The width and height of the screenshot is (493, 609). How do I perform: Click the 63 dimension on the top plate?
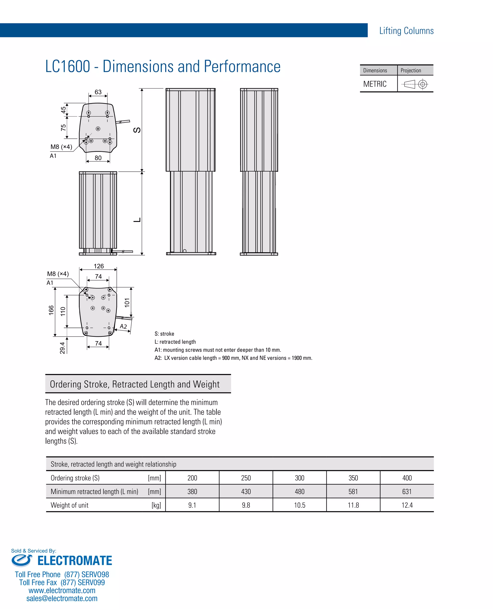98,92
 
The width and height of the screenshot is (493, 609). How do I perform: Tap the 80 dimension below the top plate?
98,158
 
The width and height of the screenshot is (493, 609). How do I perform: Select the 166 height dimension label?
51,310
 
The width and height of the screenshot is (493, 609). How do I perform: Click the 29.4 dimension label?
62,348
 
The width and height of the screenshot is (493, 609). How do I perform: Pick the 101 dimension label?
127,303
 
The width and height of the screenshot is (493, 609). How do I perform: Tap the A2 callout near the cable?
123,326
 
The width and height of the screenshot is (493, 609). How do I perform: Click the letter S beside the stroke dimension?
137,130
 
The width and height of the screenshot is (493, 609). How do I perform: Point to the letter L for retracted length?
137,220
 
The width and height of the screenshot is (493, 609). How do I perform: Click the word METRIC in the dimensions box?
375,84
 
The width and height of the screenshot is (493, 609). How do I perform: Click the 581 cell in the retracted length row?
353,492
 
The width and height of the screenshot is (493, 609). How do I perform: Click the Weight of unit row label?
70,505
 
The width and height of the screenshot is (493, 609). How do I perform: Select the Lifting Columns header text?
406,31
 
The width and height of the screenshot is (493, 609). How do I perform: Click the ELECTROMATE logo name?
75,560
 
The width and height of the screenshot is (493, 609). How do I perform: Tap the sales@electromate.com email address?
62,598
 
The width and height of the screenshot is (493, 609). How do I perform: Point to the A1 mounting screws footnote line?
218,350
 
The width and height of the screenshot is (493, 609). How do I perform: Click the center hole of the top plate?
98,129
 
